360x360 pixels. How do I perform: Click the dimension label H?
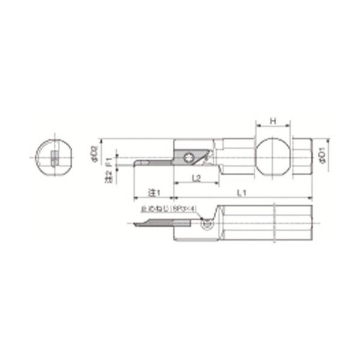pos(273,121)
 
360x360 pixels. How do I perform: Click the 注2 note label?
pos(109,176)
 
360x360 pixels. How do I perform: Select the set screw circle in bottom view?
pos(206,225)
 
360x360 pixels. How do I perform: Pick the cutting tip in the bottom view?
pos(137,225)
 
